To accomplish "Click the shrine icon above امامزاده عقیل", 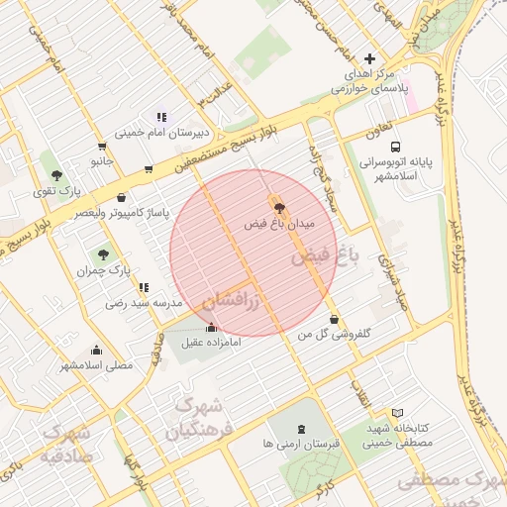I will click(210, 328).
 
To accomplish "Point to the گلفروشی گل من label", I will click(334, 336).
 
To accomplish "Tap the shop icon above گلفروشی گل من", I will click(333, 319).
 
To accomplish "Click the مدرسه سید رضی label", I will click(146, 303).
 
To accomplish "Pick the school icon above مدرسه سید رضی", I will click(145, 287).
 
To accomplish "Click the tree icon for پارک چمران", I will click(103, 254).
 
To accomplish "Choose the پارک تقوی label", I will click(55, 190).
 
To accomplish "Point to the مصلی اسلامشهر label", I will click(96, 365).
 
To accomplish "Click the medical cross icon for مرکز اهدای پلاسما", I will click(370, 59).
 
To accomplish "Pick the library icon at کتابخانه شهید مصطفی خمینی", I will click(398, 412).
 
